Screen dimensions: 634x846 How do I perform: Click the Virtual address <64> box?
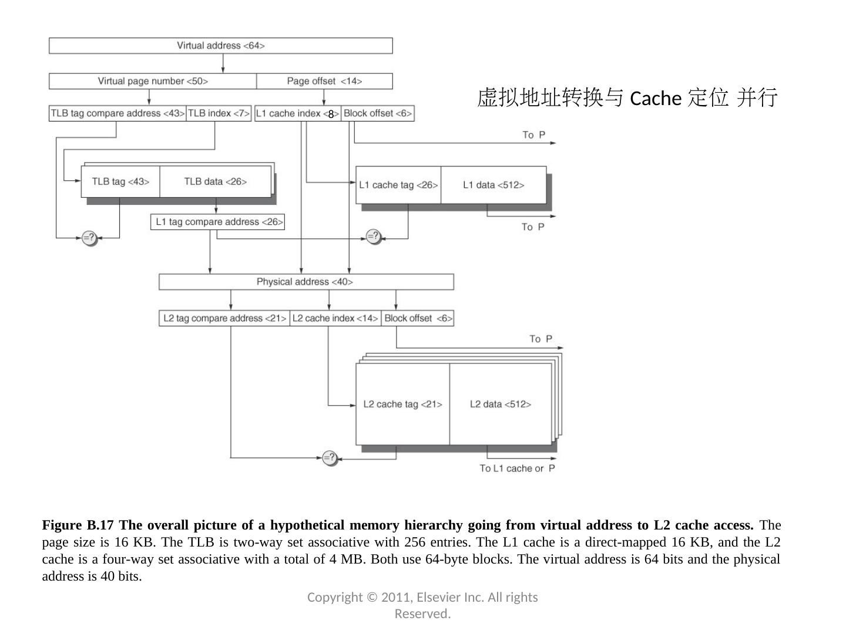tap(220, 46)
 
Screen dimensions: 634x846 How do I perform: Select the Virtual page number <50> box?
tap(153, 81)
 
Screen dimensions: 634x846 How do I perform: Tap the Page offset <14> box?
tap(324, 81)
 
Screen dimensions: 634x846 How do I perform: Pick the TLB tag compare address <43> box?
tap(117, 113)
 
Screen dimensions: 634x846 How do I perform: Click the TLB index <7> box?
tap(219, 113)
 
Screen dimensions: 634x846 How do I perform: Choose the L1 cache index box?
tap(297, 113)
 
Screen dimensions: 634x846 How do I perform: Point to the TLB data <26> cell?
tap(215, 181)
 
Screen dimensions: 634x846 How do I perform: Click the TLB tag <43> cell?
tap(120, 181)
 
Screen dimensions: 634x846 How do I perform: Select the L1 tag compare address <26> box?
tap(218, 222)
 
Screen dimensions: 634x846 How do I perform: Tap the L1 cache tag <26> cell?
tap(398, 185)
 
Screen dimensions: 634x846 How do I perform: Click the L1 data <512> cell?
tap(493, 185)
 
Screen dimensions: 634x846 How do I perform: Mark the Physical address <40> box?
tap(305, 282)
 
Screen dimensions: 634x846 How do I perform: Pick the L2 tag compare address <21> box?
tap(224, 318)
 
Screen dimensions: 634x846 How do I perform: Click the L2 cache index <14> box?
tap(335, 318)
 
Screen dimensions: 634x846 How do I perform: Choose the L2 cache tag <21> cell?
tap(402, 404)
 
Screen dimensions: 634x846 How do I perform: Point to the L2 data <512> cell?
tap(501, 404)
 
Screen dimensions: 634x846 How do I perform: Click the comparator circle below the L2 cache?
tap(330, 457)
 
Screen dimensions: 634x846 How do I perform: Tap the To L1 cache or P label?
tap(517, 468)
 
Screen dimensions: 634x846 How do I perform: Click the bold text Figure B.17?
tap(78, 525)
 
